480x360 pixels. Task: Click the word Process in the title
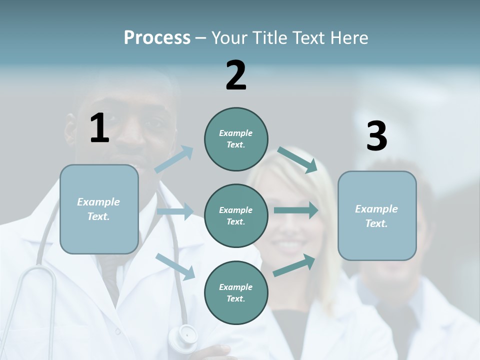157,38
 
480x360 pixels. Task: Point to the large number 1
99,128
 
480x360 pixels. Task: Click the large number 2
236,75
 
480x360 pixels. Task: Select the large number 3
376,136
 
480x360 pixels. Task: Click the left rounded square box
99,209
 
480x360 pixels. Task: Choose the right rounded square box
377,215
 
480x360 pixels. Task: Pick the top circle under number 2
236,139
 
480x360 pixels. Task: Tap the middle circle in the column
236,215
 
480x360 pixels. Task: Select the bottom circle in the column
236,292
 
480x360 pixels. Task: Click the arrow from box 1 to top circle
174,159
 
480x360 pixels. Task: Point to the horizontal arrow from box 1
175,211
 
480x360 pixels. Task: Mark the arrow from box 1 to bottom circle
175,266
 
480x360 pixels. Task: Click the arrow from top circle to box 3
297,159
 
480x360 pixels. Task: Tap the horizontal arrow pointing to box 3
296,210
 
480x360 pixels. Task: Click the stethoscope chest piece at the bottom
183,334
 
